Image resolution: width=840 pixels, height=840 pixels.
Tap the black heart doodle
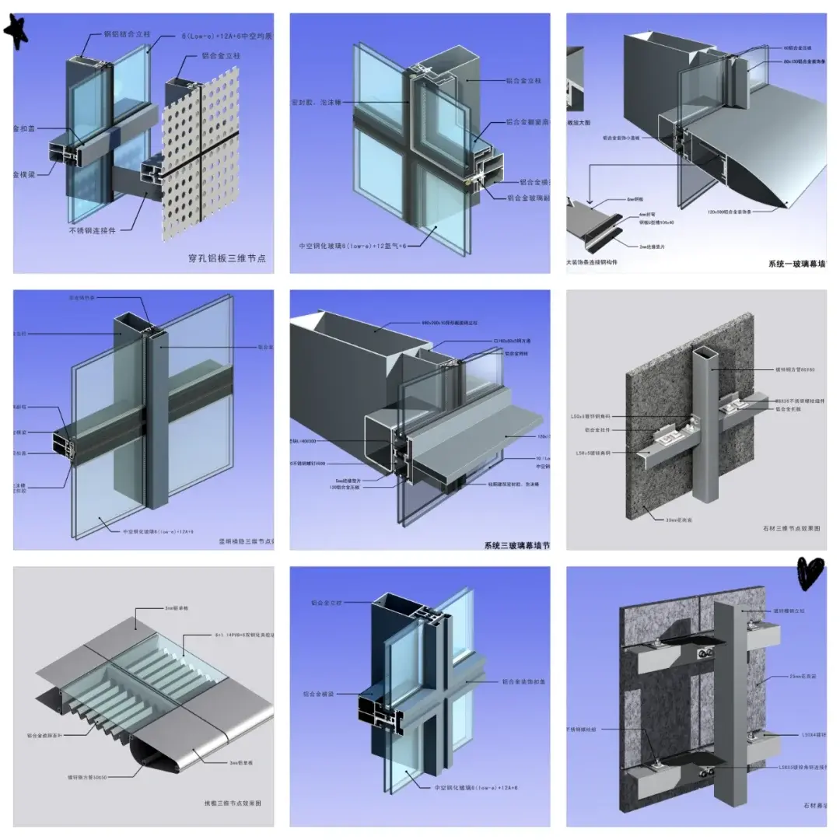[x=810, y=573]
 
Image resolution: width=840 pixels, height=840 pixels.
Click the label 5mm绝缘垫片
[x=349, y=480]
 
